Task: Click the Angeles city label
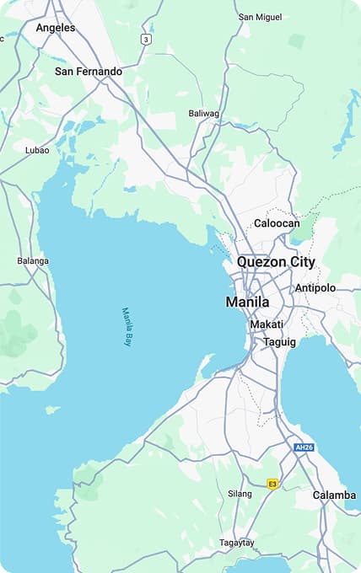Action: click(55, 28)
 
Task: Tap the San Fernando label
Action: click(89, 72)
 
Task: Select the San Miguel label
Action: click(261, 17)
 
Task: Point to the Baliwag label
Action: click(203, 113)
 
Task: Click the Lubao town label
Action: click(37, 150)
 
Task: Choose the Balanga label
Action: click(33, 260)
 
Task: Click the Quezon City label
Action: click(276, 262)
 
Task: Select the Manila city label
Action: click(247, 302)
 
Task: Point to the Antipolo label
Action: click(315, 288)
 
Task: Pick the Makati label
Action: click(267, 324)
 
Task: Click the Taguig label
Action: click(279, 342)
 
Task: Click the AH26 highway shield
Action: click(304, 447)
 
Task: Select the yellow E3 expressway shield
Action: click(272, 484)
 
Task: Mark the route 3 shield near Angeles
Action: click(147, 40)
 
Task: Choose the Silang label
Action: click(240, 494)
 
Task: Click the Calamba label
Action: click(334, 495)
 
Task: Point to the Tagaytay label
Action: click(237, 543)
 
